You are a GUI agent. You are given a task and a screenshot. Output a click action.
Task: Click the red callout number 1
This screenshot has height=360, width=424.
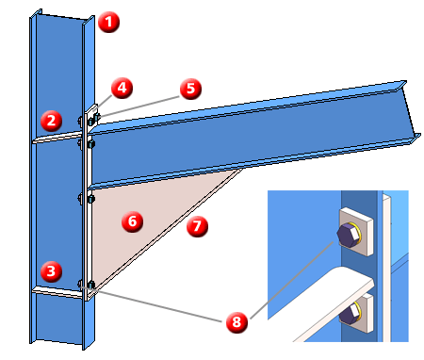pos(108,22)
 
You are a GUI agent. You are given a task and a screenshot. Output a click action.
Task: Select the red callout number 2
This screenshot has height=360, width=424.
pos(51,121)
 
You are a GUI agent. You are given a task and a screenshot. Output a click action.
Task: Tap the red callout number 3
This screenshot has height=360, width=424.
pos(51,271)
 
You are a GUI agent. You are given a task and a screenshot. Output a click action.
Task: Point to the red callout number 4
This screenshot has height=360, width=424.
pos(122,88)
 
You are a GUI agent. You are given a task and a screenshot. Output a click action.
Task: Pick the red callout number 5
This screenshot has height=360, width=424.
pos(191,89)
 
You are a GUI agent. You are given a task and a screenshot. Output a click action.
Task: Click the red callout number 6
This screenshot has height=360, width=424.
pos(133,221)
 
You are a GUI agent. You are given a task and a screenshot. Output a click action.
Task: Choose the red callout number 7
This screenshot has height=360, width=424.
pos(197,226)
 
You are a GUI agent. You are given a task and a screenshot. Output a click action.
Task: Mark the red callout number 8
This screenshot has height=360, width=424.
pos(236,321)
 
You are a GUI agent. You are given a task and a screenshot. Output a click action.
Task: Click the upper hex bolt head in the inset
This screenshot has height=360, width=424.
pos(348,234)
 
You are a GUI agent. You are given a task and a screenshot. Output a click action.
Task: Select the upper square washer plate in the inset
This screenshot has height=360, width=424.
pos(356,232)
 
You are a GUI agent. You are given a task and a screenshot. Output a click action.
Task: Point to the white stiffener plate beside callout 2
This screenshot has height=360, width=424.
pos(57,138)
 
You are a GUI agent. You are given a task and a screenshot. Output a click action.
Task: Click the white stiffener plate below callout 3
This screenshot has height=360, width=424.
pos(57,291)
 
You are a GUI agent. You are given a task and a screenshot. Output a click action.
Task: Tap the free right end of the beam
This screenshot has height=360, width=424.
pos(412,110)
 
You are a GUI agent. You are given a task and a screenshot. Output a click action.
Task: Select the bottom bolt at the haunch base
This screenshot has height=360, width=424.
pos(90,286)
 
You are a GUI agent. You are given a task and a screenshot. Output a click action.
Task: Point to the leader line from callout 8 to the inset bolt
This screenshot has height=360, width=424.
pos(291,280)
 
